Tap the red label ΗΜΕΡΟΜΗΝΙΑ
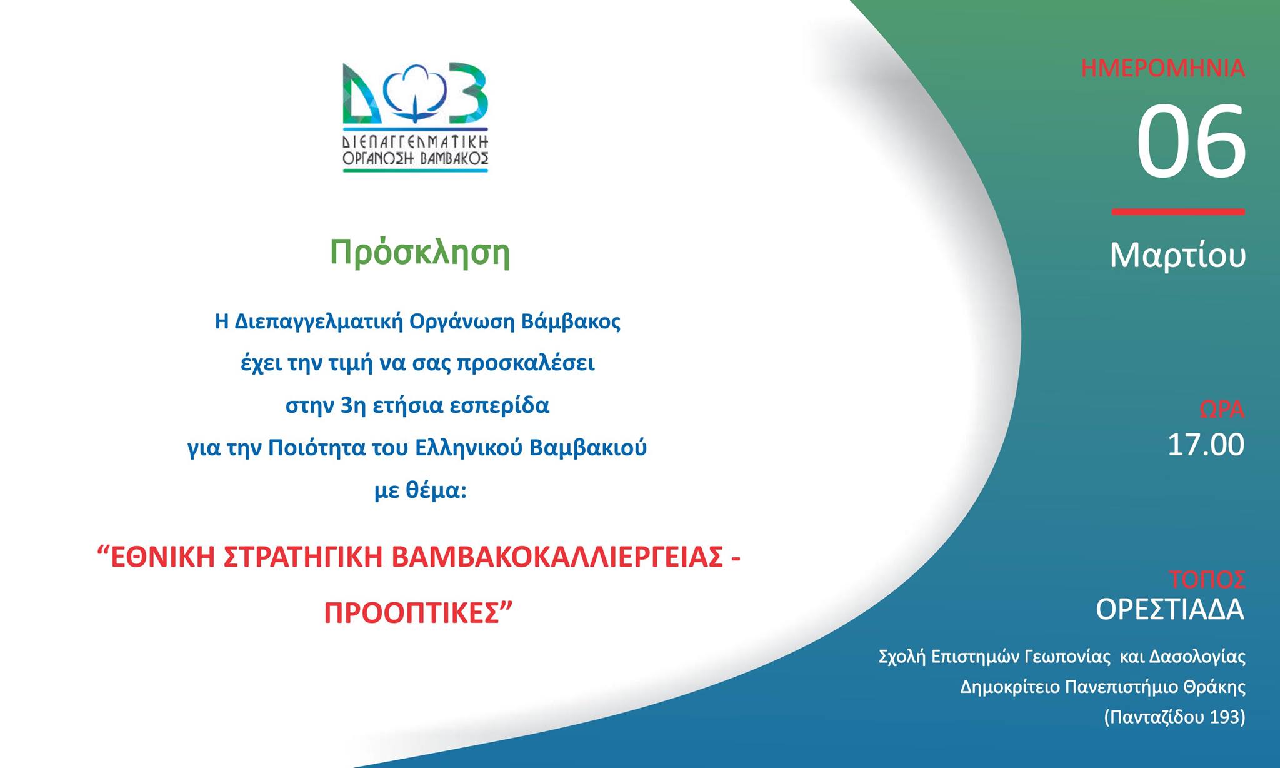tap(1162, 68)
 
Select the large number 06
tap(1191, 142)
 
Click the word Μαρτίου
tap(1177, 255)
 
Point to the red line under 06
tap(1178, 212)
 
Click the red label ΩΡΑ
tap(1221, 410)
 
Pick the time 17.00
tap(1206, 445)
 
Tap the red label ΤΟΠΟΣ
tap(1207, 580)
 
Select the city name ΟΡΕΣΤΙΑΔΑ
tap(1170, 609)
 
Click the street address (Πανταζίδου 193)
tap(1174, 717)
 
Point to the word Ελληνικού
tap(468, 448)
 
